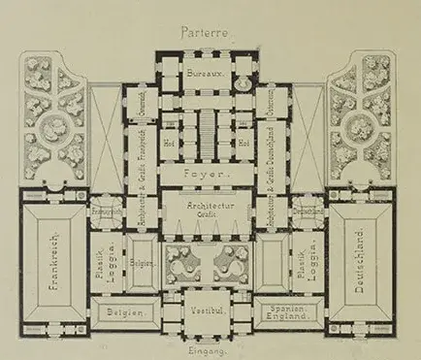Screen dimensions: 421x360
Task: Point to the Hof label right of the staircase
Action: (x=243, y=142)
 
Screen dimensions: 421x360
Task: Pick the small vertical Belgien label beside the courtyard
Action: (x=142, y=266)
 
